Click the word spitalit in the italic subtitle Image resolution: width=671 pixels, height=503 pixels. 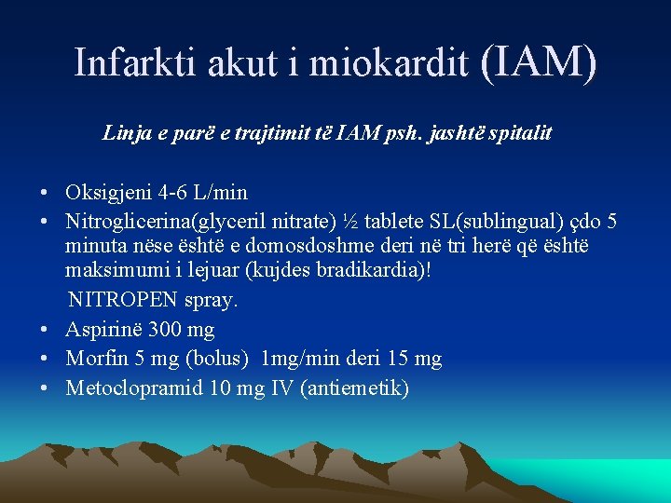524,133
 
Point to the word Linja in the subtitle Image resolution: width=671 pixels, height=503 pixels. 125,133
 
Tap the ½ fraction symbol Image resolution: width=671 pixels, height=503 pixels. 349,222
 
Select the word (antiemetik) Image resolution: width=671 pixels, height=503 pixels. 354,387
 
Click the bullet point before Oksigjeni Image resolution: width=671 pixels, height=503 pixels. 45,194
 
